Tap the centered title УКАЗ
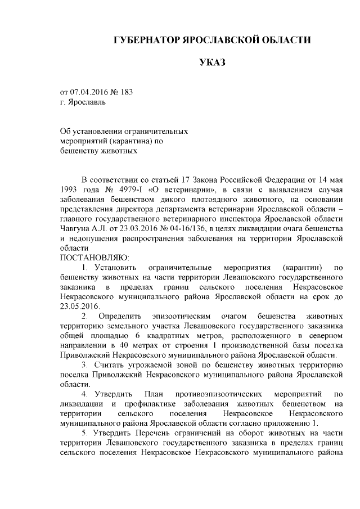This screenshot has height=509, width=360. pyautogui.click(x=212, y=62)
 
